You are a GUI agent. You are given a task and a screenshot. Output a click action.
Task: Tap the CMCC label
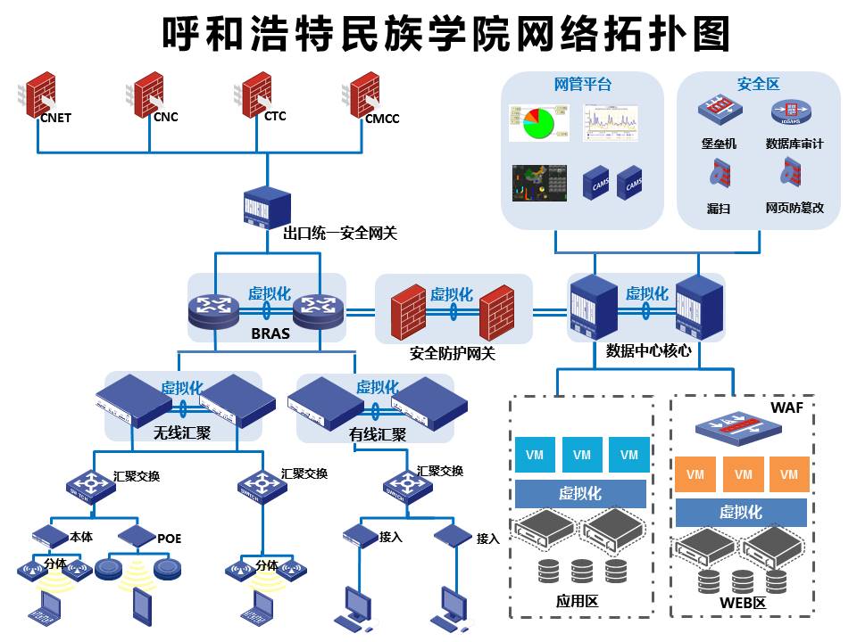(x=382, y=119)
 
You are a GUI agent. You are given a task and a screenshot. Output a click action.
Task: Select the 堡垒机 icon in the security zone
(x=719, y=110)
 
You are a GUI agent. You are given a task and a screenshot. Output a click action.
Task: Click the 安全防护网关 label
(x=453, y=353)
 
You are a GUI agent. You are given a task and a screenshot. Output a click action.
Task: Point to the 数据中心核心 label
(x=648, y=350)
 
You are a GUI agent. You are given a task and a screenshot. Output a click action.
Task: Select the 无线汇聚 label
(x=182, y=433)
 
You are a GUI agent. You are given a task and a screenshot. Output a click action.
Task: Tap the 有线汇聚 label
(x=378, y=435)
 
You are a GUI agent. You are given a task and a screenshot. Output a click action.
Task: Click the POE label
(x=169, y=539)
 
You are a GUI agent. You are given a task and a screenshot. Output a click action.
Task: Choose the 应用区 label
(x=578, y=601)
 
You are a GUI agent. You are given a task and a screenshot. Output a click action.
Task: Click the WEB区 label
(x=743, y=603)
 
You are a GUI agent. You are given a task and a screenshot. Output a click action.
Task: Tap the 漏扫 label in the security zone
(x=719, y=208)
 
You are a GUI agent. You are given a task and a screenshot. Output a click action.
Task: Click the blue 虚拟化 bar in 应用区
(x=580, y=493)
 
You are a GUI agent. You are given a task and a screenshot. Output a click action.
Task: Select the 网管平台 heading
(x=583, y=85)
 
